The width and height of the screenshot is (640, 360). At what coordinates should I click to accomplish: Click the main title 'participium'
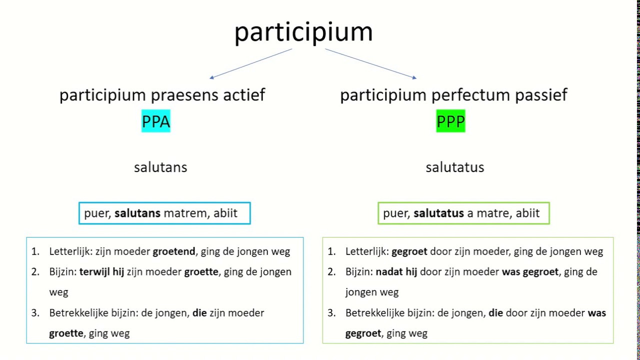click(303, 32)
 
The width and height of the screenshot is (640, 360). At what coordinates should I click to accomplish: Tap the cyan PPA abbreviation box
click(156, 121)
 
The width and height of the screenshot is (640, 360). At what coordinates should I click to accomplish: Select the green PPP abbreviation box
click(450, 121)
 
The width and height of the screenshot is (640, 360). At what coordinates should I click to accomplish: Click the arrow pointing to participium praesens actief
click(250, 63)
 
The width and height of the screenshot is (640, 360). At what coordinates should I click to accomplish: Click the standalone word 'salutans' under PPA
click(160, 167)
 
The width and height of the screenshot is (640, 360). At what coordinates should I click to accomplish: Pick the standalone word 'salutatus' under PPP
click(454, 167)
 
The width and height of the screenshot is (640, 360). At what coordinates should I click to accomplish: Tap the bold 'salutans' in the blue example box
click(137, 213)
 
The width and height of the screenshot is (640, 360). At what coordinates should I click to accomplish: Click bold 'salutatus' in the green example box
click(438, 213)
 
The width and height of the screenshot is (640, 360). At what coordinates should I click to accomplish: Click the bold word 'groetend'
click(174, 251)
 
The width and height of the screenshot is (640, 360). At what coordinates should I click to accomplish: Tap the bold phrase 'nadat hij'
click(396, 272)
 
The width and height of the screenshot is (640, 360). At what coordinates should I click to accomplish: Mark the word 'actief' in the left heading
click(245, 95)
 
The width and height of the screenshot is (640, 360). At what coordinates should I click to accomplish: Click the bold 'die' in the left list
click(199, 313)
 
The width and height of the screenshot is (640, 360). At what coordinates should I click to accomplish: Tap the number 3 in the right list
click(331, 313)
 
